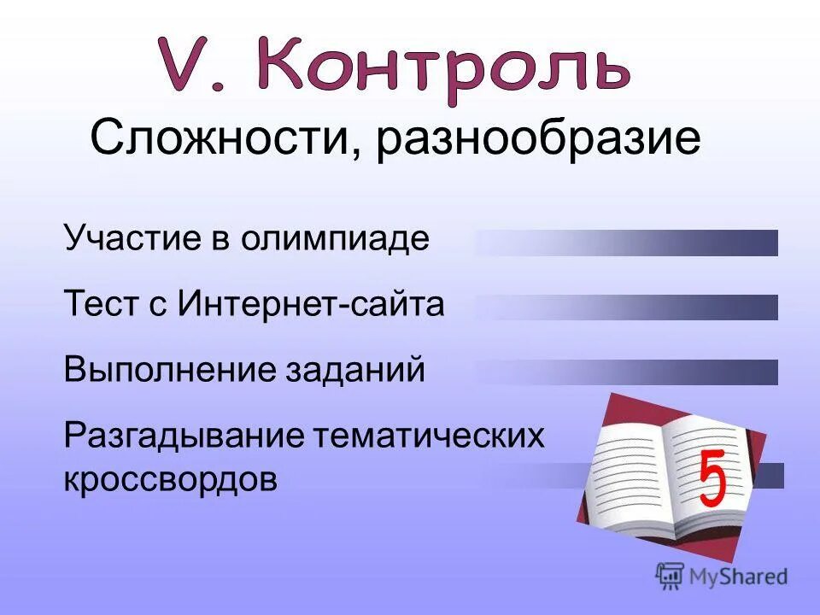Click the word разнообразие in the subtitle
coord(536,140)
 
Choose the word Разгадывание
coord(183,436)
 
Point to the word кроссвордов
coord(170,479)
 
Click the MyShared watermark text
coord(738,577)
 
